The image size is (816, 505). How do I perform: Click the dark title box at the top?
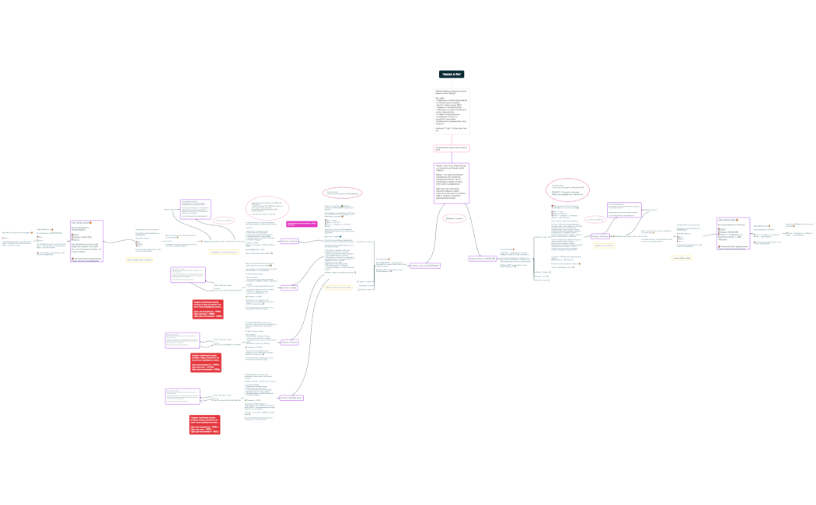[x=452, y=75]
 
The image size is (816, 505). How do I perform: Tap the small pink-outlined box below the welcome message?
[x=452, y=148]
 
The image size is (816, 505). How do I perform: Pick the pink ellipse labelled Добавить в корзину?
[x=455, y=219]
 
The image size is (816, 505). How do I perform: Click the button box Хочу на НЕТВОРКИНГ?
[x=425, y=266]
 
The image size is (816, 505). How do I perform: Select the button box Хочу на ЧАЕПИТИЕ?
[x=482, y=259]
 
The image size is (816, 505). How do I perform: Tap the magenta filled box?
[x=302, y=224]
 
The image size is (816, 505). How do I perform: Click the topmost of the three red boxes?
[x=207, y=308]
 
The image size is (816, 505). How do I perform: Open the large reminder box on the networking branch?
[x=86, y=240]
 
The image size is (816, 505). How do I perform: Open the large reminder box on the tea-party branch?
[x=733, y=234]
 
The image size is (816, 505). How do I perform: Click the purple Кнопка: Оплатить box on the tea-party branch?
[x=599, y=235]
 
